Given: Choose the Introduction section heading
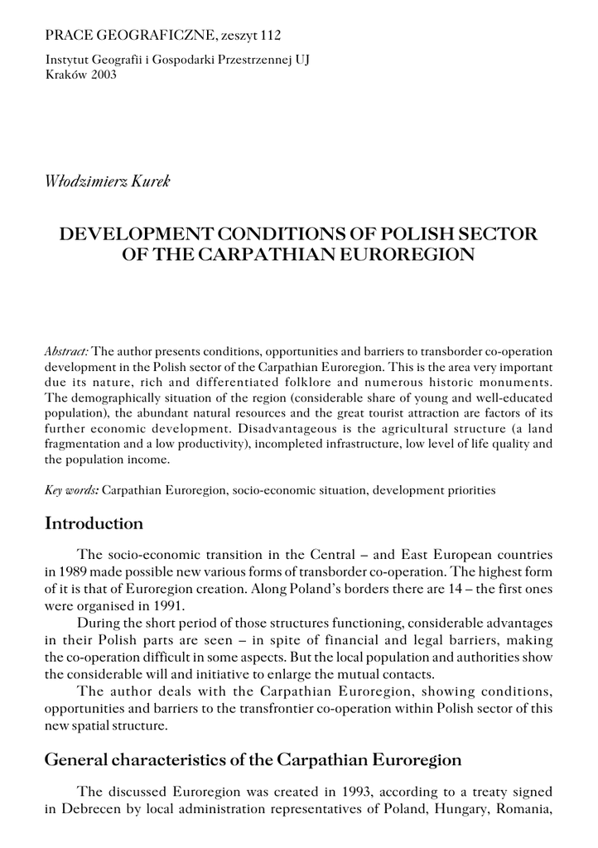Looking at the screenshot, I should (94, 524).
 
